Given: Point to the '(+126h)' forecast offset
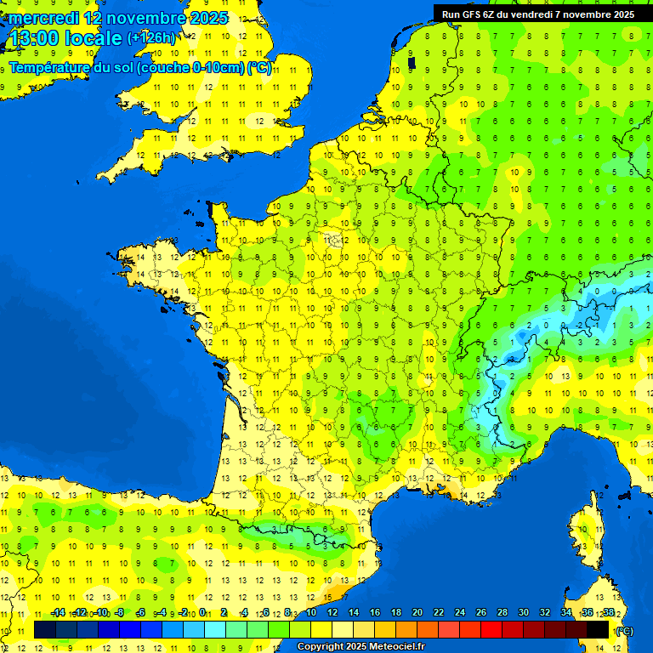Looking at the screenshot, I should (x=150, y=37).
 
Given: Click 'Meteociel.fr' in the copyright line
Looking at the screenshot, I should (x=388, y=647).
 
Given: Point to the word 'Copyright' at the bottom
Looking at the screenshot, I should (x=319, y=647).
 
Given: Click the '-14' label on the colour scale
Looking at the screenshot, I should (x=58, y=612).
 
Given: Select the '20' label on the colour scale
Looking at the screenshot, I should (x=417, y=612).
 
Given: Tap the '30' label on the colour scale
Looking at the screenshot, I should (x=524, y=612).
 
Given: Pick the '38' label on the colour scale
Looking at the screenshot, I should (x=609, y=612).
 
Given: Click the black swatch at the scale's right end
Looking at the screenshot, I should (x=598, y=629).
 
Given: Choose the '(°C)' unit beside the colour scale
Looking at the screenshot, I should (x=624, y=630).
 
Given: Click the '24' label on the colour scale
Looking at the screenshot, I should (x=460, y=612).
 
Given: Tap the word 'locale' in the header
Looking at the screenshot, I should (x=93, y=38).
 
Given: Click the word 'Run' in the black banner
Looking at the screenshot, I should (x=451, y=14).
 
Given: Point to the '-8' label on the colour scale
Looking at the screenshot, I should (x=121, y=612).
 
